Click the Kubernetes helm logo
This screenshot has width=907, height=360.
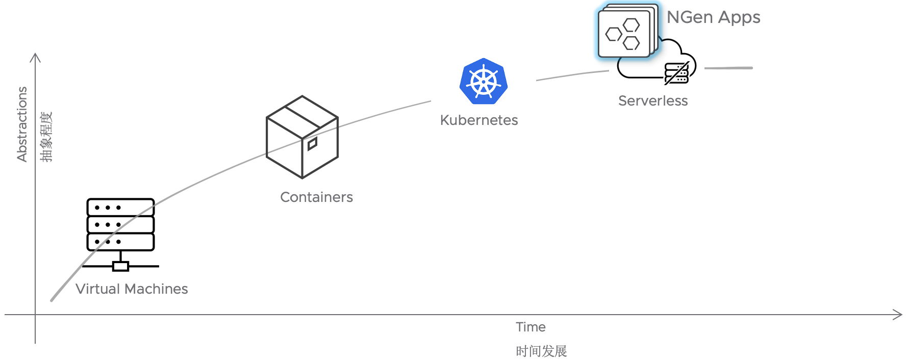[483, 82]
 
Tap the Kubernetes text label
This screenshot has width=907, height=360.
[478, 120]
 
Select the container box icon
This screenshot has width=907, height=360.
[302, 137]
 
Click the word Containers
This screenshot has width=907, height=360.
[316, 197]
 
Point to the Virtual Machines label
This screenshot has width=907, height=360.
[132, 289]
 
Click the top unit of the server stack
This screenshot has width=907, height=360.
[120, 208]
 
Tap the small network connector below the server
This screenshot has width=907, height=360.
[120, 266]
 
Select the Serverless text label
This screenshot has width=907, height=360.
[652, 101]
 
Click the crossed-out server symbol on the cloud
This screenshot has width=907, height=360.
[677, 73]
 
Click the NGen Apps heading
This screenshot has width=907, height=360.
[713, 18]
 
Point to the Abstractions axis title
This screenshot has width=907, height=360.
[22, 124]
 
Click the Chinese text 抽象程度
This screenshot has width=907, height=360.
[46, 137]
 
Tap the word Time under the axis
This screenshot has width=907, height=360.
[531, 327]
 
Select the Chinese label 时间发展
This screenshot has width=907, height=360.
[541, 351]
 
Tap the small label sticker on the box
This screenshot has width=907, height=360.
[312, 144]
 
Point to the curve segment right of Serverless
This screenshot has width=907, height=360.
[728, 68]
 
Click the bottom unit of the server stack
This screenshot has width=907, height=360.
[120, 242]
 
